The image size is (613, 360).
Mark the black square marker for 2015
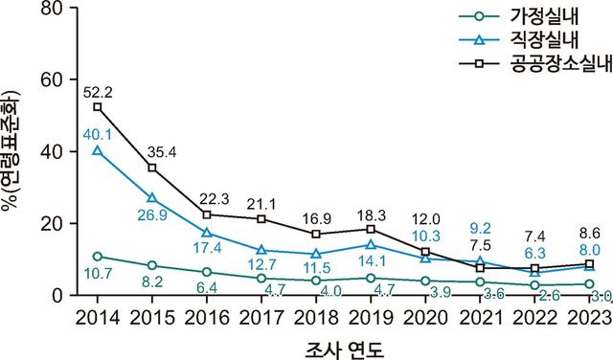click(x=152, y=168)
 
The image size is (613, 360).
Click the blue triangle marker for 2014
click(x=98, y=151)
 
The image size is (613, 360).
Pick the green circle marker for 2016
click(x=207, y=272)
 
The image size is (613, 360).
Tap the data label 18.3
click(x=372, y=212)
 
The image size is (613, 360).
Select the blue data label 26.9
click(x=151, y=214)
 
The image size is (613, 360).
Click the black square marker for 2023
click(x=590, y=264)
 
